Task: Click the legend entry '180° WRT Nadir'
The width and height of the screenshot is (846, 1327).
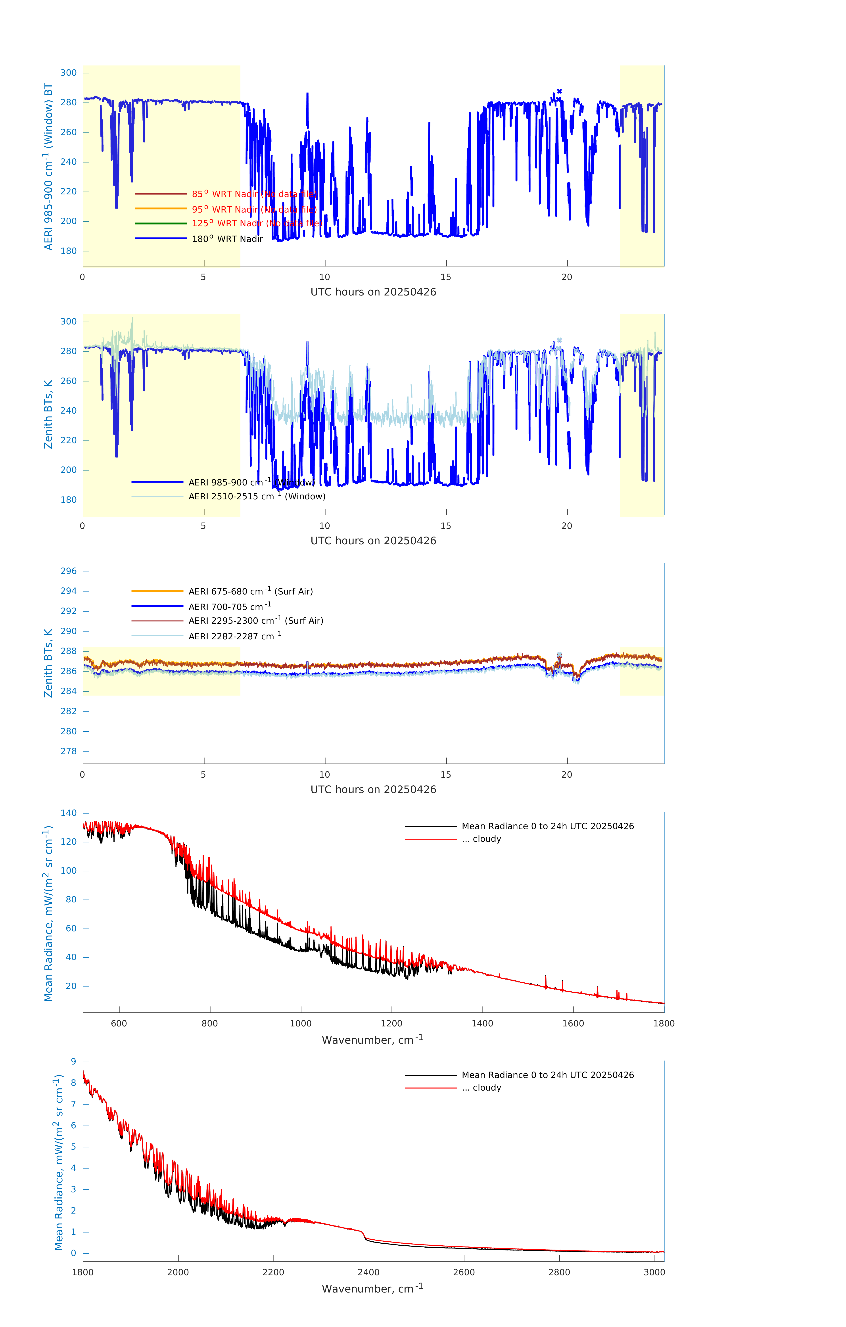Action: tap(227, 239)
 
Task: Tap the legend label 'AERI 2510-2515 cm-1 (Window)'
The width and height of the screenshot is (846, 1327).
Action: tap(257, 497)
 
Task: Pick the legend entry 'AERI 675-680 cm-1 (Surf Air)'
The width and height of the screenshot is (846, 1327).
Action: tap(250, 591)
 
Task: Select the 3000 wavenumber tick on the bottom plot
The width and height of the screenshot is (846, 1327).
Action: tap(654, 1272)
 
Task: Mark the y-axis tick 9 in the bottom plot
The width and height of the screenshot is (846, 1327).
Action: tap(73, 1061)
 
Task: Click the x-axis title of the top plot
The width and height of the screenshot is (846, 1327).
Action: tap(373, 292)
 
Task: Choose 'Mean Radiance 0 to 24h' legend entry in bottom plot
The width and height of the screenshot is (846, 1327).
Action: tap(547, 1075)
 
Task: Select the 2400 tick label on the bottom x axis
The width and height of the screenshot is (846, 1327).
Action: tap(368, 1272)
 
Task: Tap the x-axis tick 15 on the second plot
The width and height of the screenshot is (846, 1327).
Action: tap(445, 526)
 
